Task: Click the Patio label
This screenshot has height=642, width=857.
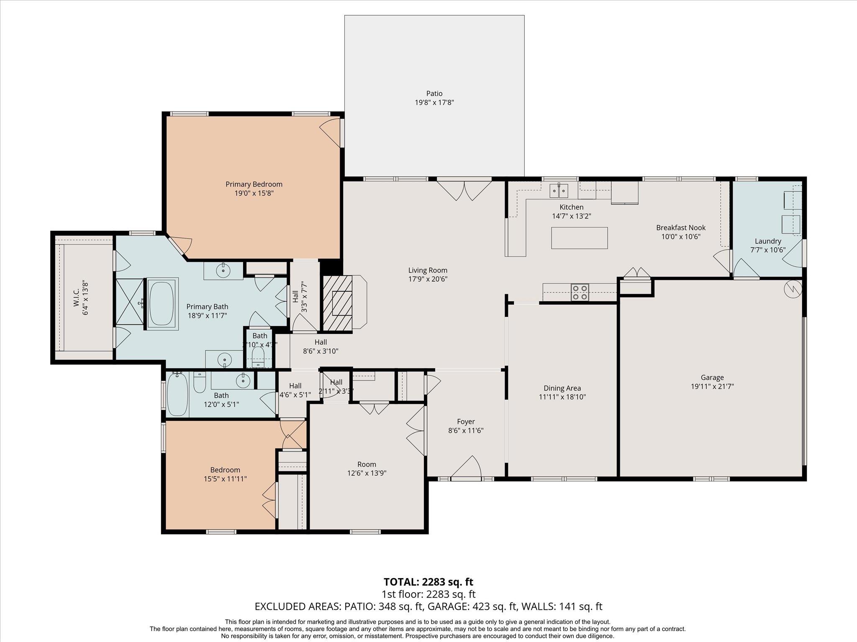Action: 434,94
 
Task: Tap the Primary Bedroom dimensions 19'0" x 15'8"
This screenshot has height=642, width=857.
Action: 254,194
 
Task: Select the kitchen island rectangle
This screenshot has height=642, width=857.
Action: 579,238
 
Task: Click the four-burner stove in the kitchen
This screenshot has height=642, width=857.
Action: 580,292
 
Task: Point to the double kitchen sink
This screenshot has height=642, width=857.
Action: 559,191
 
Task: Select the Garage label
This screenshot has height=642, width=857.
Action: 712,377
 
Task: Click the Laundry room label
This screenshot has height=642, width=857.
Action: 768,241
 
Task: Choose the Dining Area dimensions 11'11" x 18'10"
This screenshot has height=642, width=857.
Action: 562,397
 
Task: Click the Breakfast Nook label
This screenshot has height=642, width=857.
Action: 681,228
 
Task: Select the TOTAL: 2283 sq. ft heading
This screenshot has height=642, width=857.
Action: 428,582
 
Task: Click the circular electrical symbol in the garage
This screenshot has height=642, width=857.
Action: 793,289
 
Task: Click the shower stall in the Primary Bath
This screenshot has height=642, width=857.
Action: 129,302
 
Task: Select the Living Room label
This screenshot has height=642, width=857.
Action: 428,270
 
